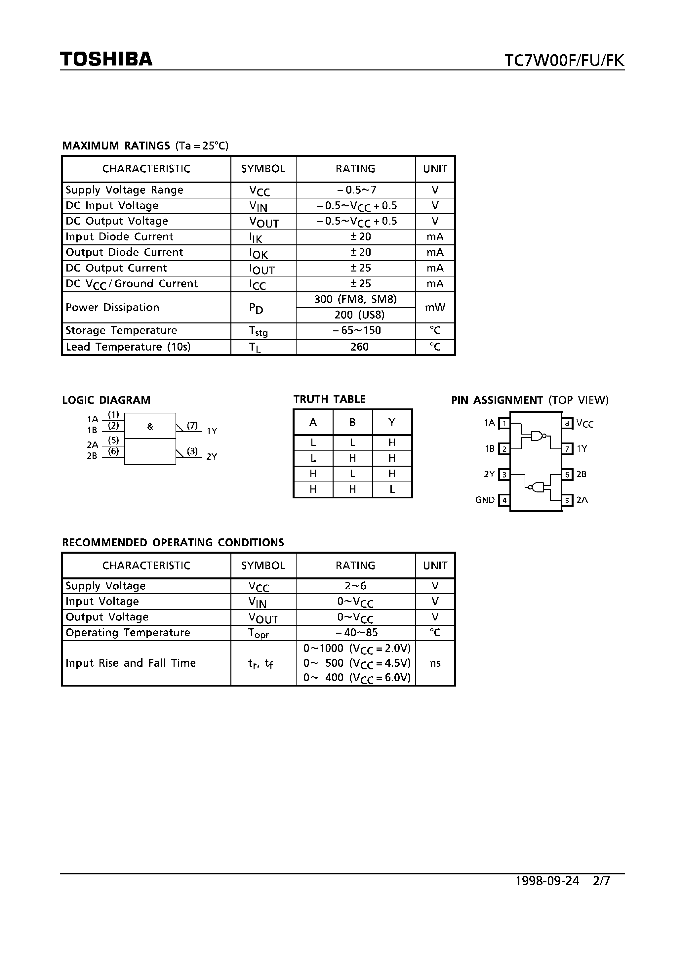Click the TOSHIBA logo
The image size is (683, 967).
[x=106, y=59]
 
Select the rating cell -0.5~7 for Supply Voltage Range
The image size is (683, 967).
[x=356, y=190]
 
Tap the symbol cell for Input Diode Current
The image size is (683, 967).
[x=256, y=237]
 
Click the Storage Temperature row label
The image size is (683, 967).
[x=121, y=331]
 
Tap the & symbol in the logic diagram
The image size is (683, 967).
[x=150, y=427]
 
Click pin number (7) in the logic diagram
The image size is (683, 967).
[x=192, y=425]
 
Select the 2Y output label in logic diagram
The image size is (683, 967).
[x=211, y=456]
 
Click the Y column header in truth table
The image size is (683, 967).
[x=392, y=422]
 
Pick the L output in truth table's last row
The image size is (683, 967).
[x=392, y=489]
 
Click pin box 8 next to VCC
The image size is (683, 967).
[x=567, y=423]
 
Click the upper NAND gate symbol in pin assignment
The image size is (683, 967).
[x=538, y=436]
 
